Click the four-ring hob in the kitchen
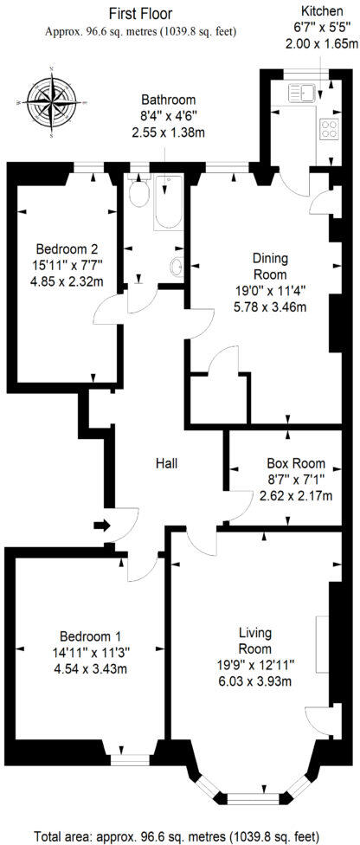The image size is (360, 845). (331, 129)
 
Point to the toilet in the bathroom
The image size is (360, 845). (138, 195)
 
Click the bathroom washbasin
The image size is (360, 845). (177, 268)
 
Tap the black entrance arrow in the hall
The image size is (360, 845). (101, 525)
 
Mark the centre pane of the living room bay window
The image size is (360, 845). (251, 796)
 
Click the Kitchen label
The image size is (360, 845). (319, 13)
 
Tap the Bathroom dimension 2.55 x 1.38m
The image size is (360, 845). (168, 132)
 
